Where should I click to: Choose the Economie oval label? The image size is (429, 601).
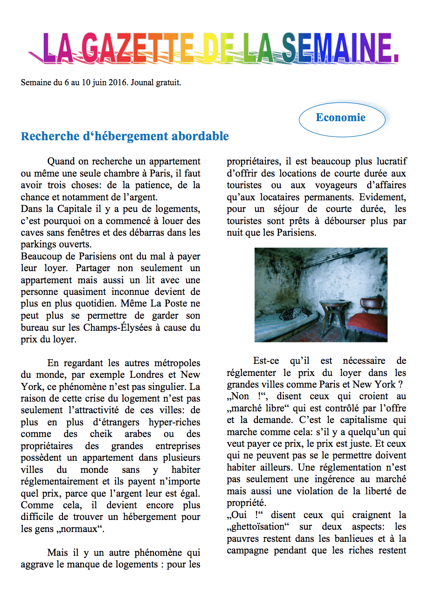[341, 117]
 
